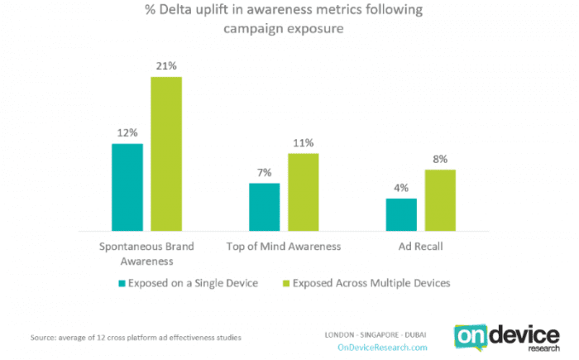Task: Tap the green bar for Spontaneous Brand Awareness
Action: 165,154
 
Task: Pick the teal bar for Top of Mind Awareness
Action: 264,206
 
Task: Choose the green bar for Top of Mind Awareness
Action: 302,192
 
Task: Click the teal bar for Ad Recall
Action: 401,214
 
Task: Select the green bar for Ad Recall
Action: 439,199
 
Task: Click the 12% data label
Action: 127,133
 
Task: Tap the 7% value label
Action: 264,172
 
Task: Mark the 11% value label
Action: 302,143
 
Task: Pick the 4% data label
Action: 401,188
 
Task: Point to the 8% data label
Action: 439,159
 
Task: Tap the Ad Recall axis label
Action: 420,247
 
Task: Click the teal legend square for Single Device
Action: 122,283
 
